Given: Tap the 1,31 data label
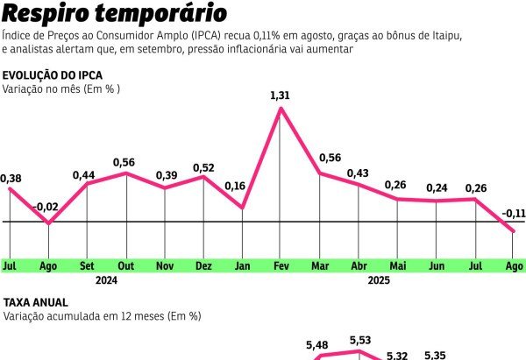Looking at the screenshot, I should click(x=280, y=95).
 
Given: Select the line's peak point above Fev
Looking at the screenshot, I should click(x=280, y=109).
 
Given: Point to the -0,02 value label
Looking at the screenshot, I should click(x=46, y=208).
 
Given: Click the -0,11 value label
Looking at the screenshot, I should click(x=514, y=214).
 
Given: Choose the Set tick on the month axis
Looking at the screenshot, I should click(x=87, y=265).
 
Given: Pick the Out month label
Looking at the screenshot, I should click(x=125, y=265).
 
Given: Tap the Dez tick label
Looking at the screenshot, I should click(x=203, y=265).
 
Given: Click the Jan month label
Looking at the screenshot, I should click(x=242, y=265).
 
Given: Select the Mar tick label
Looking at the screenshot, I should click(x=320, y=265).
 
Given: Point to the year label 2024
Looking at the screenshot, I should click(x=106, y=281).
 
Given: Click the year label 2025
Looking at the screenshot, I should click(x=379, y=281).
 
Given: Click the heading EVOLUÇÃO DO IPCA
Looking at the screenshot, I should click(x=53, y=75).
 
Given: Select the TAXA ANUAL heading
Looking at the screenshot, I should click(x=36, y=302).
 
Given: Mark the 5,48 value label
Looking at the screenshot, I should click(x=317, y=345).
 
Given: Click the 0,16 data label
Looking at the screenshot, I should click(x=234, y=187).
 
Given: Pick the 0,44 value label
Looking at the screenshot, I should click(x=83, y=175).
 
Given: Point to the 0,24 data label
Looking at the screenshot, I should click(x=437, y=188).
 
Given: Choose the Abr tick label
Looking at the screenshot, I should click(x=359, y=265).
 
